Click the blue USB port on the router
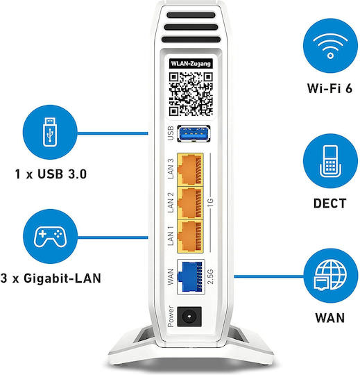coord(194,133)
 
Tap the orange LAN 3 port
coord(190,169)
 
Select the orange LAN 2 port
coord(190,203)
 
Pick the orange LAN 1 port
coord(190,237)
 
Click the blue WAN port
coord(191,276)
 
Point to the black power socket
coord(189,317)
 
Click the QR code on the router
coord(191,94)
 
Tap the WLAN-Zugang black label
coord(191,64)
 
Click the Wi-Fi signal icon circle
coord(330,45)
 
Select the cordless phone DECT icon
coord(330,160)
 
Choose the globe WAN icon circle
coord(331,276)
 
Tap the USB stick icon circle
coord(50,132)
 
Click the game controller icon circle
coord(50,237)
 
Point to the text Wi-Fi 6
coord(329,88)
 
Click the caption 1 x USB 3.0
coord(51,174)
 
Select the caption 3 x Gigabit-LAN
coord(51,278)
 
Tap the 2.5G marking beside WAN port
coord(210,276)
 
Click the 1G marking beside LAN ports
coord(210,203)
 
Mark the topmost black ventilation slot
coord(191,15)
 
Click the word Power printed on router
coord(171,317)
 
